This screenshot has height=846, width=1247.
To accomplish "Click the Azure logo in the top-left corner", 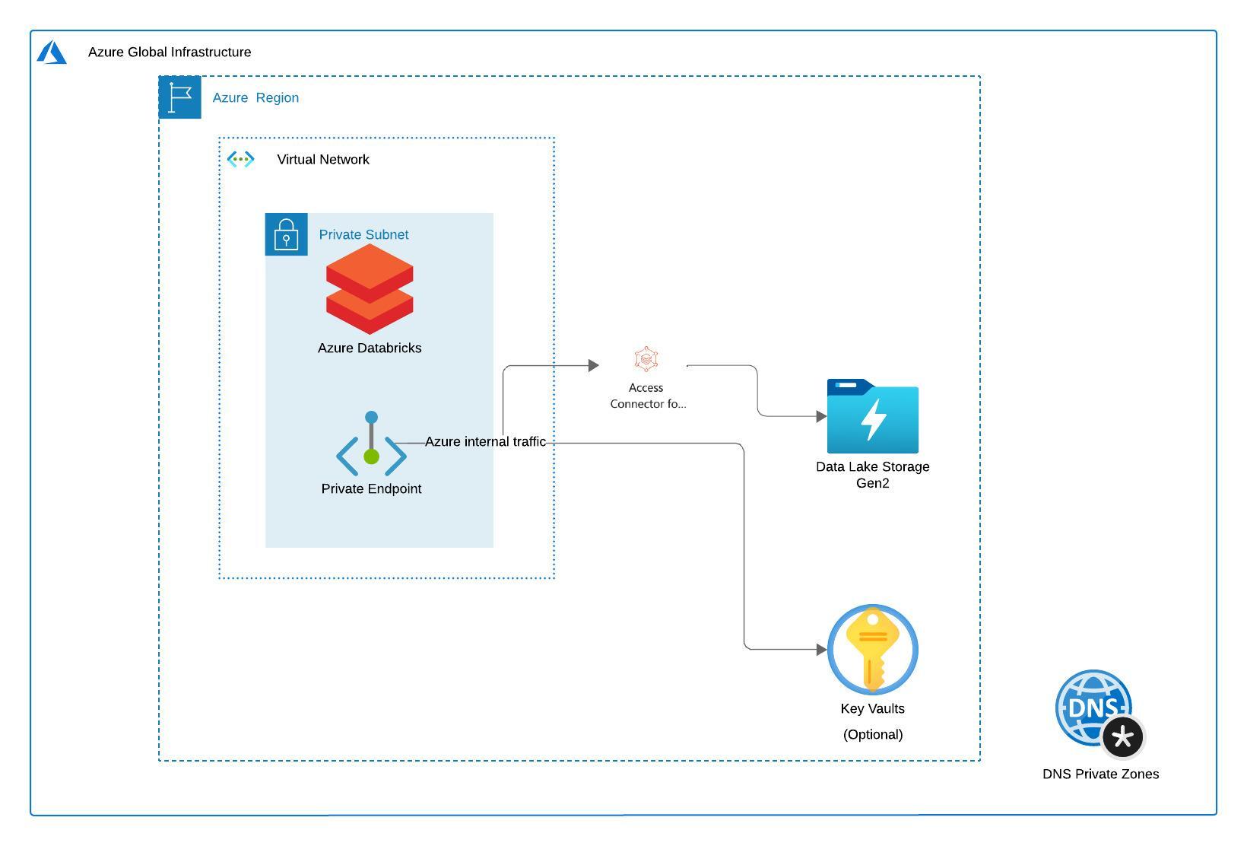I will pos(52,52).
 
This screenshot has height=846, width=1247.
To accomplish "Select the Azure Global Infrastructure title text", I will pos(170,52).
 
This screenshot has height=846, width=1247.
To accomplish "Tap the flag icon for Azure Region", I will pos(180,97).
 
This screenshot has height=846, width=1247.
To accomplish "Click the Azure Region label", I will pos(255,97).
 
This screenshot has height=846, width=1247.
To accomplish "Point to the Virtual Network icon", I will pos(241,159).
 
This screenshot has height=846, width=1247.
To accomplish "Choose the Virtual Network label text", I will pos(323,159).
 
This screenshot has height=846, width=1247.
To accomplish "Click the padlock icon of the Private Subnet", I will pos(286,234).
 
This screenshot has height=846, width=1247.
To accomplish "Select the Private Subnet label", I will pos(363,234).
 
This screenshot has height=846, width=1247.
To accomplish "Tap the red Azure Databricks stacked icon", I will pos(370,289).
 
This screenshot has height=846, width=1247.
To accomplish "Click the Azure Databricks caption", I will pos(370,348).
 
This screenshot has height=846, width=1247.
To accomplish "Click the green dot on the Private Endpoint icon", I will pos(371,456).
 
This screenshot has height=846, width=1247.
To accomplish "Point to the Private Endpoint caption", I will pos(371,488).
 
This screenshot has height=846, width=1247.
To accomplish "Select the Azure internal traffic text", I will pos(485,441).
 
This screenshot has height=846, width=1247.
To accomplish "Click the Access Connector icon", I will pos(646,359).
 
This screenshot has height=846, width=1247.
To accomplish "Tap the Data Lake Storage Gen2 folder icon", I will pos(873,417).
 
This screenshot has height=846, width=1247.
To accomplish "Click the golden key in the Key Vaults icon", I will pos(873,647).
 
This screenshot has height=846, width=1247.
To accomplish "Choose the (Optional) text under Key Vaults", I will pos(873,734).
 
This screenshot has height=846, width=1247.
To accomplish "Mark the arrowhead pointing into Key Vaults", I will pos(821,650).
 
